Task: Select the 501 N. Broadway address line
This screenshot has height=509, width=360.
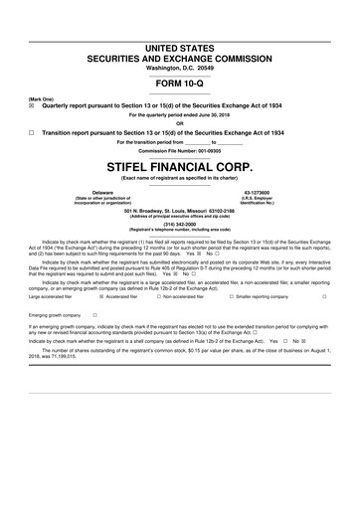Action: tap(180, 210)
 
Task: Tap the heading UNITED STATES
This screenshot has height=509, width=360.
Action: tap(180, 47)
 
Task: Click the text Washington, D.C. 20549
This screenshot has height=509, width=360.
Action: tap(180, 67)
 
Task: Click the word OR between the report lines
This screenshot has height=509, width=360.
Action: tap(180, 123)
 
